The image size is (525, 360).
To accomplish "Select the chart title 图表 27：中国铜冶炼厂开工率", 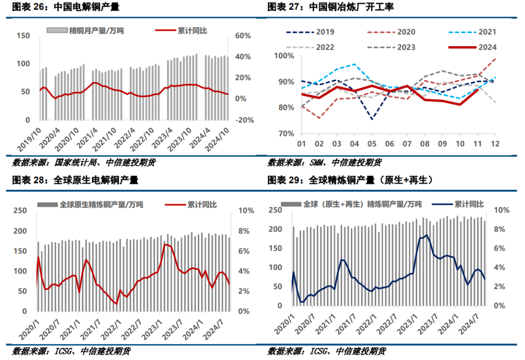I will point(331,7).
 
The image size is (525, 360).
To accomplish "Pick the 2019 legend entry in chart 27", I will point(312,32).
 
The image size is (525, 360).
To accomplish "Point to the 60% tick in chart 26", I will point(243,36).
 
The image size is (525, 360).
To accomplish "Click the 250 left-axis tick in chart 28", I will point(20,210).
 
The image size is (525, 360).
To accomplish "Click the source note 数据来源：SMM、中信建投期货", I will point(324,162).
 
